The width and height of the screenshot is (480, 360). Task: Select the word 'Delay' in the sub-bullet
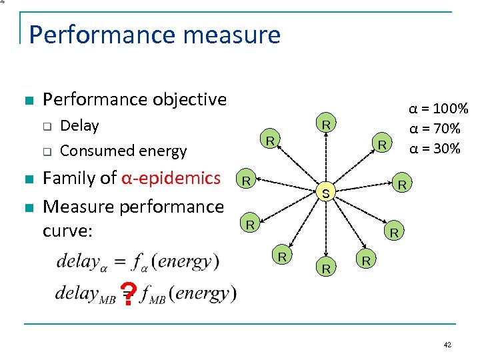pyautogui.click(x=79, y=125)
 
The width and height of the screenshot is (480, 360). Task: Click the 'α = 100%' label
pyautogui.click(x=439, y=108)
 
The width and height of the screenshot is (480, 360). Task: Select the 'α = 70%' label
pyautogui.click(x=434, y=128)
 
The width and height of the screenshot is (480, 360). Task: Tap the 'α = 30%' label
pyautogui.click(x=434, y=148)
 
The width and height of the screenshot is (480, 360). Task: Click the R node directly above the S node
pyautogui.click(x=326, y=124)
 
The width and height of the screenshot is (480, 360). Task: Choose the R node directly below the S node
pyautogui.click(x=327, y=269)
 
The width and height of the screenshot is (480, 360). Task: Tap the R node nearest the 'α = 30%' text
pyautogui.click(x=382, y=143)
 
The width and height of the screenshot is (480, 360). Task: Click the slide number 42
pyautogui.click(x=447, y=345)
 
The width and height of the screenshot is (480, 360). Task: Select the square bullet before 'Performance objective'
pyautogui.click(x=28, y=101)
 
